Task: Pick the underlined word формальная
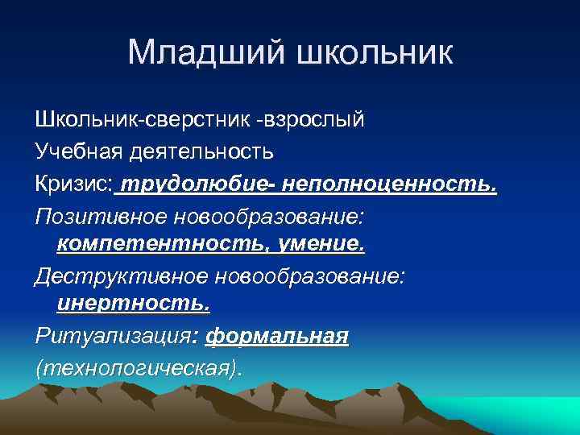click(277, 337)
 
